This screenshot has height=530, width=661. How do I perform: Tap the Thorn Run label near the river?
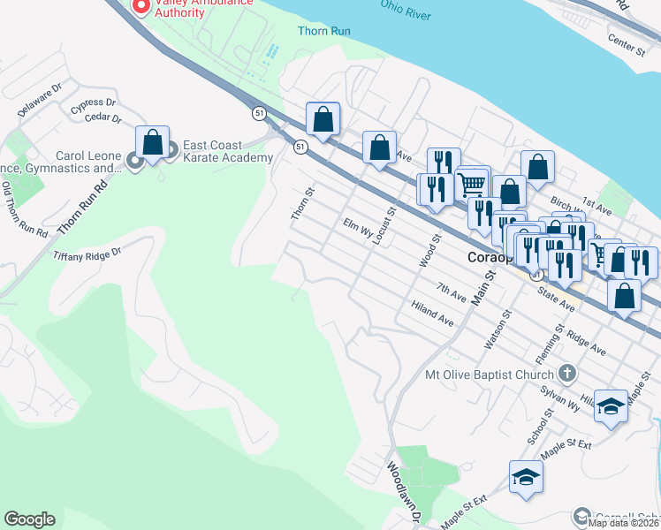tap(325, 31)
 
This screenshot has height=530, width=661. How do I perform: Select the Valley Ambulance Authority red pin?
tap(140, 5)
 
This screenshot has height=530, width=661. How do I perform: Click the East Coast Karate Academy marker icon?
tap(171, 150)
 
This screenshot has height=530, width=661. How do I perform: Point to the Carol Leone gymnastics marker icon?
tap(134, 161)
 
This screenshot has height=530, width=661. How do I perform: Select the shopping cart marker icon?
tap(473, 184)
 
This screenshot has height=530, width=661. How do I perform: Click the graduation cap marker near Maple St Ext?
tap(526, 477)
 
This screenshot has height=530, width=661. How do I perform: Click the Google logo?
tap(29, 519)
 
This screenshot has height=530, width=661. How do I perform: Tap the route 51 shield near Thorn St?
tap(300, 146)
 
